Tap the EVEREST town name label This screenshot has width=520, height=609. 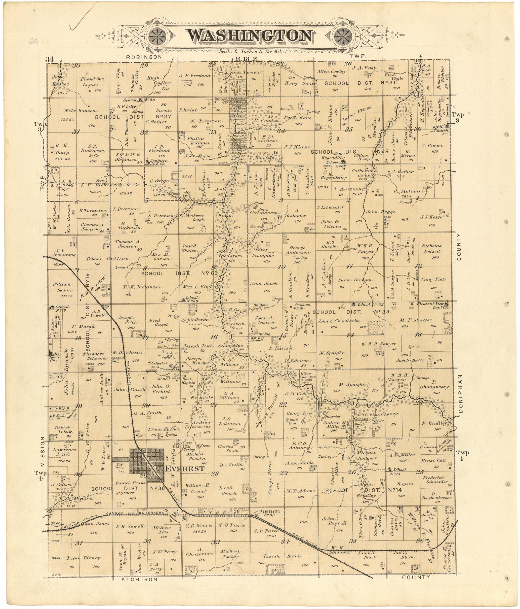tap(184, 468)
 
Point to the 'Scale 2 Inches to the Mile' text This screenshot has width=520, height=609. tap(251, 51)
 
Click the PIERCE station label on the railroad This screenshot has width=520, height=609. tap(269, 512)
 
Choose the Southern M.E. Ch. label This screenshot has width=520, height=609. tap(159, 162)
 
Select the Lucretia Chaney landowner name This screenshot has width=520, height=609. tap(381, 414)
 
